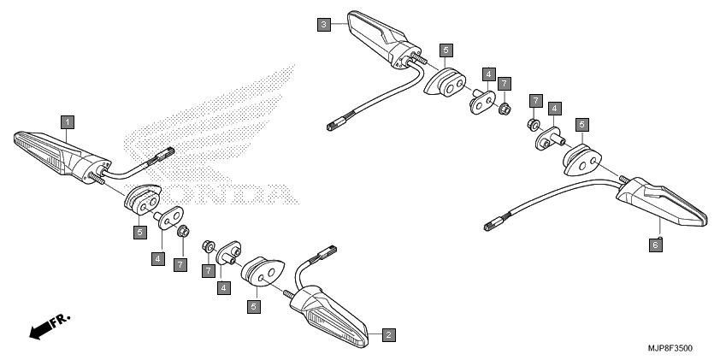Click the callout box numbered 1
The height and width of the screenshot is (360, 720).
(x=68, y=122)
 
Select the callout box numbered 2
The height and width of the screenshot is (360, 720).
(x=388, y=334)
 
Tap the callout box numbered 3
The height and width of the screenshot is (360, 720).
(x=324, y=24)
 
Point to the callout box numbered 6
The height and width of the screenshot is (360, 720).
(x=656, y=245)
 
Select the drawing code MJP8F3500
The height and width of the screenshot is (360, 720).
(x=670, y=349)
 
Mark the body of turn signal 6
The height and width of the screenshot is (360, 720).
(x=661, y=201)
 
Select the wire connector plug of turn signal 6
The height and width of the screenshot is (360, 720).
(x=493, y=225)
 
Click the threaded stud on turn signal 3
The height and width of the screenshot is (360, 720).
(x=420, y=59)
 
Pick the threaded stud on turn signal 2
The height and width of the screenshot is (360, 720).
(x=289, y=294)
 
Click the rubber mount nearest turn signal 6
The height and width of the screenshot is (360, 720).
(x=582, y=160)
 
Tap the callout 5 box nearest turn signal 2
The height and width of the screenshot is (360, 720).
(x=253, y=306)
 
